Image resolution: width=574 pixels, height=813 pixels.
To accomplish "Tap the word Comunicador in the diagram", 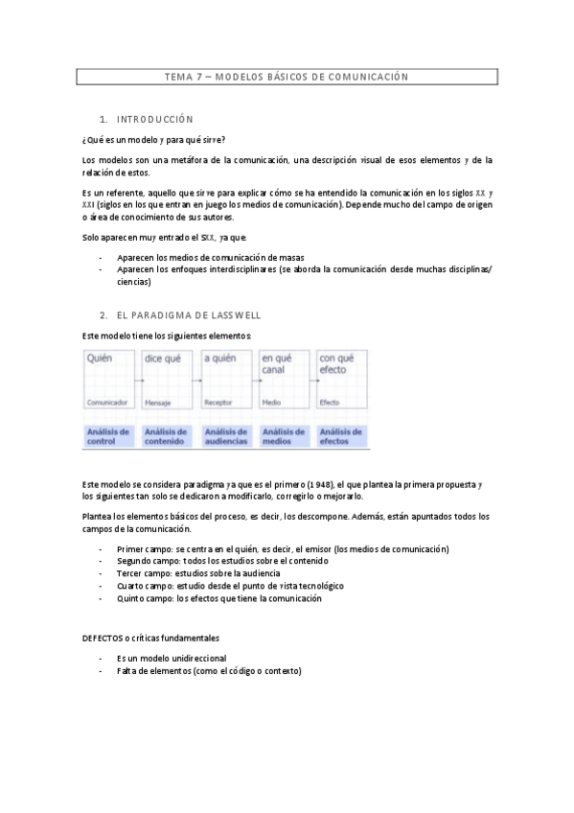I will (x=106, y=403).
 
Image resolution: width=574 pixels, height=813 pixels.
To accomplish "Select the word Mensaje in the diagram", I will (x=157, y=403).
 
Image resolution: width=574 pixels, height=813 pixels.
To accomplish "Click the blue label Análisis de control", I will (x=107, y=436).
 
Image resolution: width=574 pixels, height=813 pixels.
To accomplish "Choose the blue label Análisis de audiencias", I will (x=225, y=436).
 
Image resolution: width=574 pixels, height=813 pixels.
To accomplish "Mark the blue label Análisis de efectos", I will (x=340, y=436).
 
